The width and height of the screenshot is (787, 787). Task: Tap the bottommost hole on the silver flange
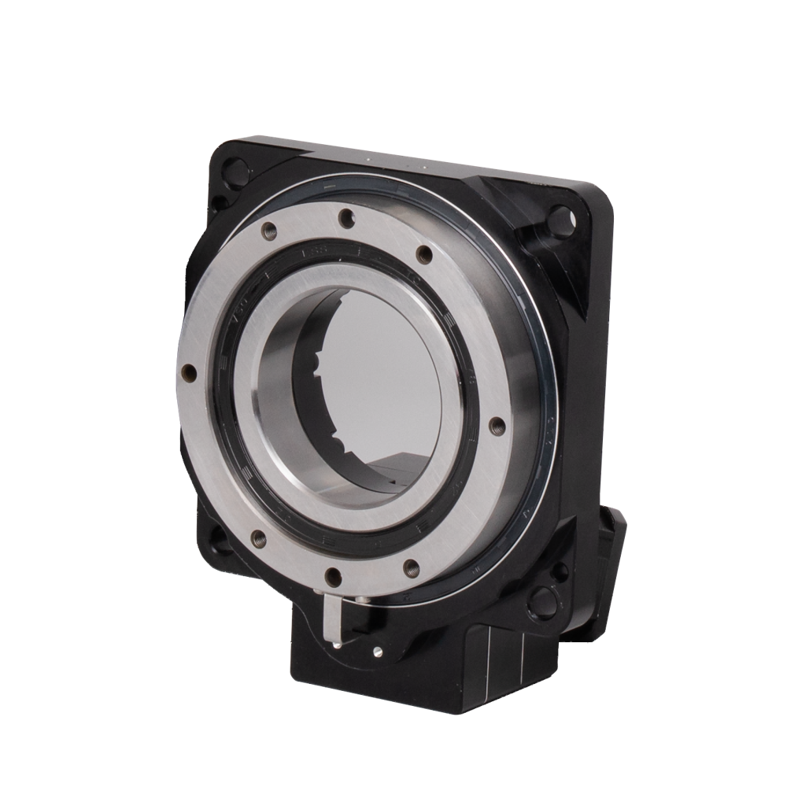coord(331,575)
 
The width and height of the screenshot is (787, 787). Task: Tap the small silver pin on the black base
coord(376,651)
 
